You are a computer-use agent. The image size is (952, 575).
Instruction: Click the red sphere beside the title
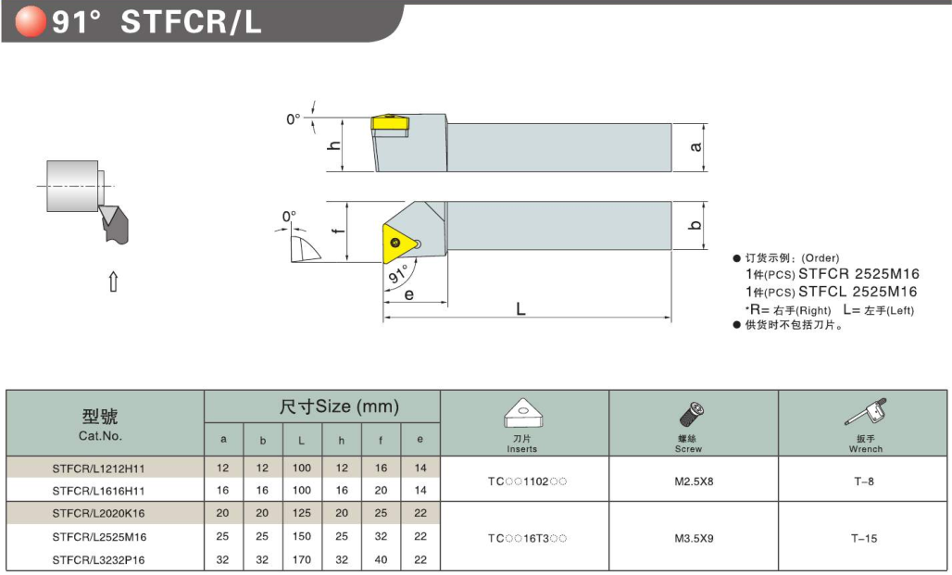point(31,21)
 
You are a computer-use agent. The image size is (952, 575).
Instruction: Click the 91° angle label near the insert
point(398,274)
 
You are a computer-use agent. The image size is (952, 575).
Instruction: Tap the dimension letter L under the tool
point(521,309)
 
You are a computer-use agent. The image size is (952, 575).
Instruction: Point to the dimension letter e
point(408,294)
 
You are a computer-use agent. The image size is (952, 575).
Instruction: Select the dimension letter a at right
point(695,147)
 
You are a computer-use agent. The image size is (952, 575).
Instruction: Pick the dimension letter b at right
point(695,225)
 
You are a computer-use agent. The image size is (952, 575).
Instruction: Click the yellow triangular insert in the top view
point(400,244)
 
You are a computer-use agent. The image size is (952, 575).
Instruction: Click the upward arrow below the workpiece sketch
point(113,281)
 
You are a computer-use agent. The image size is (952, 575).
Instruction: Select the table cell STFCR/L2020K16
point(98,514)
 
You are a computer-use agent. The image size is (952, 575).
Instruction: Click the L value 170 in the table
point(302,560)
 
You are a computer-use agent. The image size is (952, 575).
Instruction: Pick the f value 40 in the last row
point(381,560)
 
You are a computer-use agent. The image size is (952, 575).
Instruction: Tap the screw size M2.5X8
point(694,481)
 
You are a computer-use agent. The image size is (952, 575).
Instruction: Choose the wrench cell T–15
point(864,538)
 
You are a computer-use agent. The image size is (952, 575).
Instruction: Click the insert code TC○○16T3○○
point(527,538)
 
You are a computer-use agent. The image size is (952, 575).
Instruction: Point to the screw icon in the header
point(690,414)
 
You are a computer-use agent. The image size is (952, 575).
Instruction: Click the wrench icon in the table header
point(865,412)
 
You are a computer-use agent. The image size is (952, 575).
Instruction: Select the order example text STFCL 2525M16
point(858,292)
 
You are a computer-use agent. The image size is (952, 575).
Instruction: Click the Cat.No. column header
point(100,436)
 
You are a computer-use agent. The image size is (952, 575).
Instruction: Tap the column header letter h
point(341,440)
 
